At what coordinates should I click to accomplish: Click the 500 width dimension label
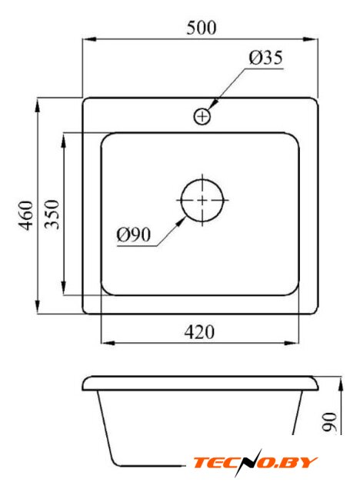pyautogui.click(x=202, y=28)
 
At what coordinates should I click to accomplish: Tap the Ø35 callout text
pyautogui.click(x=265, y=58)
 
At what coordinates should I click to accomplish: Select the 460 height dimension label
pyautogui.click(x=25, y=215)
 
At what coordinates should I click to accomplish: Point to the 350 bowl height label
pyautogui.click(x=52, y=214)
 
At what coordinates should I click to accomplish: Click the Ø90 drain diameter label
pyautogui.click(x=134, y=234)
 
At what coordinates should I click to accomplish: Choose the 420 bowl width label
pyautogui.click(x=199, y=332)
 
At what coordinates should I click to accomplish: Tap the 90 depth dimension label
pyautogui.click(x=330, y=422)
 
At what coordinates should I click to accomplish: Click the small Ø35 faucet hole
pyautogui.click(x=202, y=117)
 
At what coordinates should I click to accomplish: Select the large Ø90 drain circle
pyautogui.click(x=202, y=200)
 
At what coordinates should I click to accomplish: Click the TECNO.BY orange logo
pyautogui.click(x=255, y=463)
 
